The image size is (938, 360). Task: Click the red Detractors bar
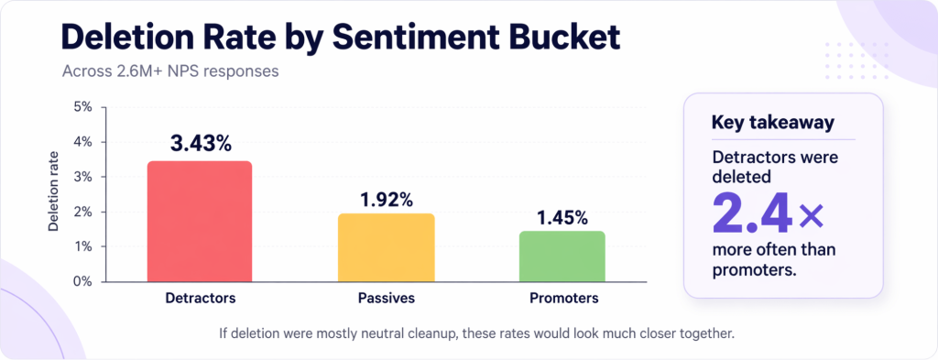pyautogui.click(x=200, y=222)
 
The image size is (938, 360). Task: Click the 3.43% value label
pyautogui.click(x=200, y=144)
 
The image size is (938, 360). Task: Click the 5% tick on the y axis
pyautogui.click(x=82, y=107)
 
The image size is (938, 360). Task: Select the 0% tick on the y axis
pyautogui.click(x=82, y=281)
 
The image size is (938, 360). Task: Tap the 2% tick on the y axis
pyautogui.click(x=82, y=212)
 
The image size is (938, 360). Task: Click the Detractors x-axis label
pyautogui.click(x=200, y=299)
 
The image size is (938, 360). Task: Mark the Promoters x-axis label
pyautogui.click(x=563, y=299)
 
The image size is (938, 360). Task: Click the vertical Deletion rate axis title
pyautogui.click(x=54, y=194)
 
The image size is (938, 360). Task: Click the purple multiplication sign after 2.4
pyautogui.click(x=812, y=216)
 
